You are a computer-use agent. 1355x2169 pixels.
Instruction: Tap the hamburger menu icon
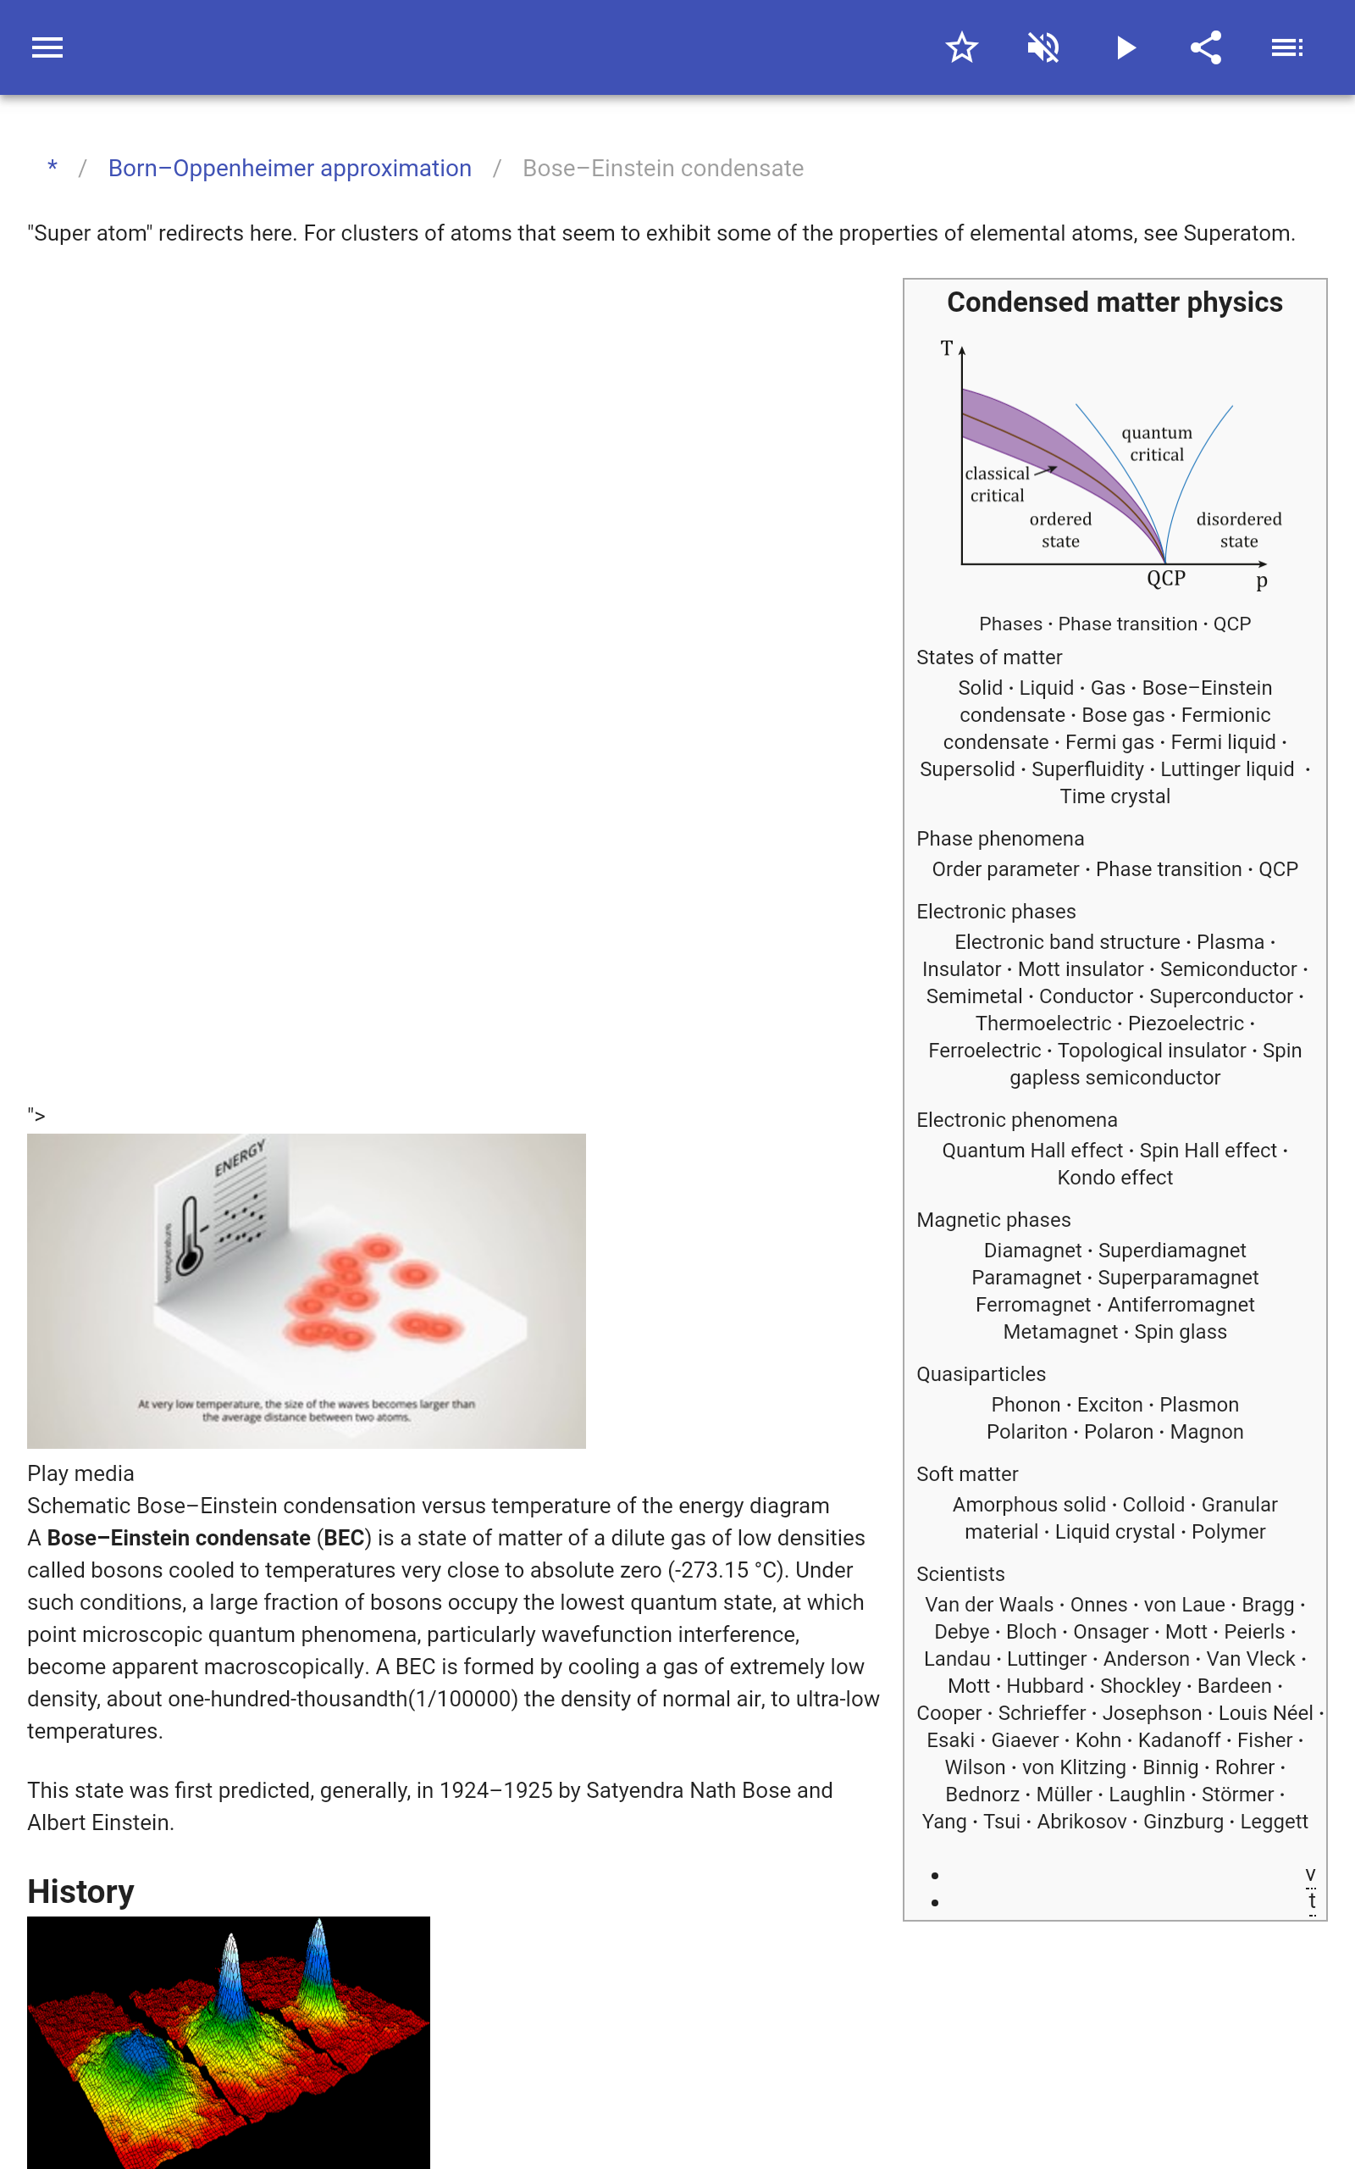pyautogui.click(x=47, y=47)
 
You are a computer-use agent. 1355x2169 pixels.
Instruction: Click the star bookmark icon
pyautogui.click(x=961, y=47)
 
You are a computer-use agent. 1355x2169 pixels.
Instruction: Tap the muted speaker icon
pyautogui.click(x=1043, y=47)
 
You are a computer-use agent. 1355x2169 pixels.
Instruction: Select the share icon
pyautogui.click(x=1206, y=47)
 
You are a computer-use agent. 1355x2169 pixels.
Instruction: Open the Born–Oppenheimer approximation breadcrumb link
pyautogui.click(x=290, y=169)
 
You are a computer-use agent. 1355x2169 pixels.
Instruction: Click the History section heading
pyautogui.click(x=80, y=1891)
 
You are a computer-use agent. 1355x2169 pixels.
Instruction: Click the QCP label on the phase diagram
pyautogui.click(x=1166, y=578)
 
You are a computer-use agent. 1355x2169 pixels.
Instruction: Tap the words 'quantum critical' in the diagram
pyautogui.click(x=1157, y=444)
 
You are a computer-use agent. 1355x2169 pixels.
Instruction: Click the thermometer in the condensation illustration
pyautogui.click(x=189, y=1236)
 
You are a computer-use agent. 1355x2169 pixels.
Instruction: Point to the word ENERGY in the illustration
pyautogui.click(x=240, y=1157)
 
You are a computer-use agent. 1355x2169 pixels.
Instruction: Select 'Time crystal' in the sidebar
pyautogui.click(x=1114, y=796)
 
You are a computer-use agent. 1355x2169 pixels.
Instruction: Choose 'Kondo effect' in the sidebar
pyautogui.click(x=1114, y=1178)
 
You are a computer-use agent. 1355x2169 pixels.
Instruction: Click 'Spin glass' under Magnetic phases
pyautogui.click(x=1181, y=1332)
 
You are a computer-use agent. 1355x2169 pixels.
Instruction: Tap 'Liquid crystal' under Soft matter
pyautogui.click(x=1114, y=1532)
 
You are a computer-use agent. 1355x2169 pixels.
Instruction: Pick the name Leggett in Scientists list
pyautogui.click(x=1274, y=1822)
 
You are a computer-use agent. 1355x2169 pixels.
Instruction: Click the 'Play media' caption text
pyautogui.click(x=80, y=1473)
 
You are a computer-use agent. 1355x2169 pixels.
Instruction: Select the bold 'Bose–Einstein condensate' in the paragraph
pyautogui.click(x=179, y=1538)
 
